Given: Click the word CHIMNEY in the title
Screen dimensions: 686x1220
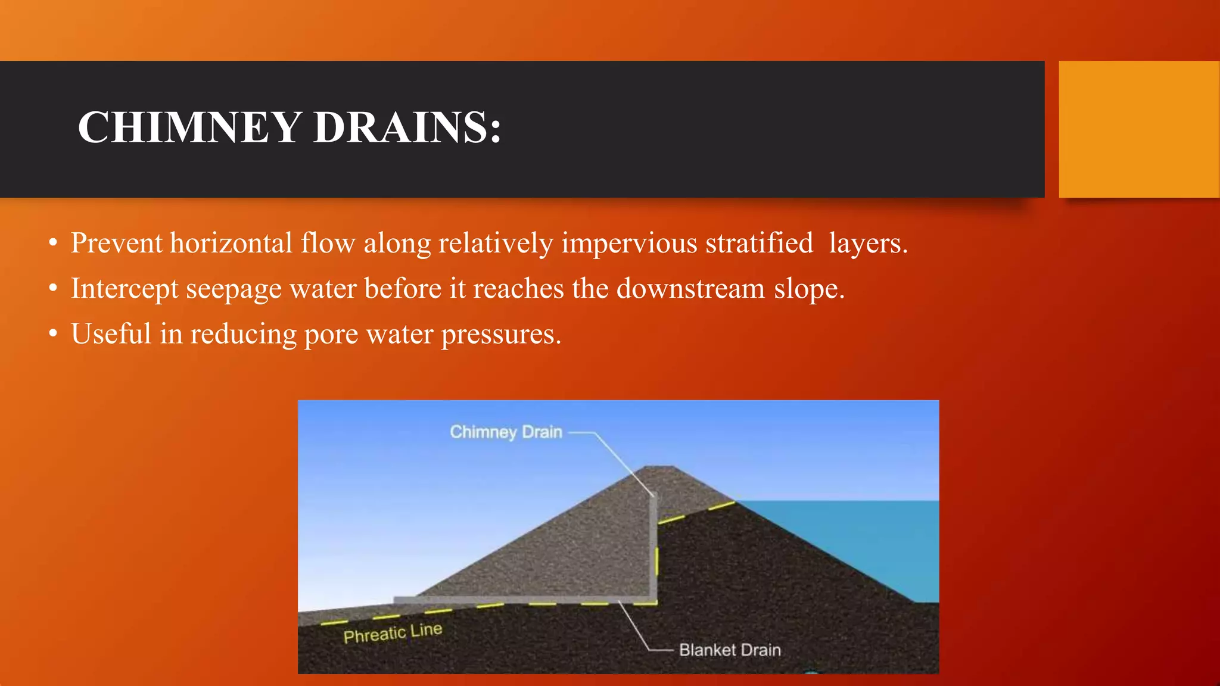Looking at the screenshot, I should (x=189, y=127).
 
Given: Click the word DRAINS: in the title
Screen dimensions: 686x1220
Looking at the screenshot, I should (x=407, y=127).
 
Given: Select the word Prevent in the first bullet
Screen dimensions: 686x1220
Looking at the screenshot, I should (x=116, y=243).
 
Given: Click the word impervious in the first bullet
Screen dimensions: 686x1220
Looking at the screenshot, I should (x=629, y=243).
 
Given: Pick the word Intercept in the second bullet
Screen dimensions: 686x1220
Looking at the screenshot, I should (x=125, y=289).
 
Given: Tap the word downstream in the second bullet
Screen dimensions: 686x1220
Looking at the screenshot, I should (x=690, y=289).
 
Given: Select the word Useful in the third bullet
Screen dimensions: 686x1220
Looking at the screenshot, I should (x=111, y=333).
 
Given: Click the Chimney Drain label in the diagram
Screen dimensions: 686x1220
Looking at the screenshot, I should (x=506, y=432).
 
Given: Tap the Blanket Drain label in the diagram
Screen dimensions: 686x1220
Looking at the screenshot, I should (x=730, y=650).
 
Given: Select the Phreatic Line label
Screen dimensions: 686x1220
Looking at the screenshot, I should (x=393, y=632).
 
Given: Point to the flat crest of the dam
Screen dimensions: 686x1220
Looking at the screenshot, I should (x=659, y=468).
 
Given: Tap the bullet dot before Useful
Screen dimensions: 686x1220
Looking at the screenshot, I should (x=54, y=334).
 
